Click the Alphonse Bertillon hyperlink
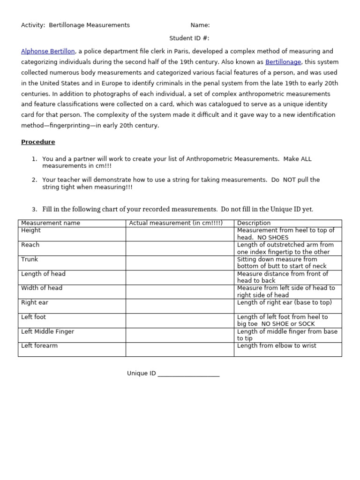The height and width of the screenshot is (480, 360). tap(48, 52)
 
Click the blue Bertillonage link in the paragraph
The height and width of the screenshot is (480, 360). tap(283, 62)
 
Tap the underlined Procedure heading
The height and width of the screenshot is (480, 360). tap(38, 142)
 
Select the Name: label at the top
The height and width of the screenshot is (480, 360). tap(200, 25)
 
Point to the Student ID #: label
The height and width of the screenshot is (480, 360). tap(189, 38)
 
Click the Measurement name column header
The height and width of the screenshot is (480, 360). tap(51, 223)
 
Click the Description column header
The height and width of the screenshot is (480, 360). tap(254, 223)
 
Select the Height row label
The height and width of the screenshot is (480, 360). tap(31, 231)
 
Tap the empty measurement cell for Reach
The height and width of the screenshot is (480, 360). tap(180, 248)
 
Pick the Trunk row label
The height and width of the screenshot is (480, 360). tap(30, 259)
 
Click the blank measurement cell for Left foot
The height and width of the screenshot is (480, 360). tap(180, 321)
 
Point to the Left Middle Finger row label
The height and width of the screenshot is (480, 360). tap(48, 331)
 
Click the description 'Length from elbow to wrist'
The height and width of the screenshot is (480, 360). tap(277, 346)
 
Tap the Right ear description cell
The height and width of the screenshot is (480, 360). tap(284, 303)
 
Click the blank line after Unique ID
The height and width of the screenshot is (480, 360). tap(188, 374)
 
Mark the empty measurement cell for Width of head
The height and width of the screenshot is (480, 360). tap(180, 292)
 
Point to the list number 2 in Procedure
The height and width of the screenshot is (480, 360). tap(34, 180)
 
